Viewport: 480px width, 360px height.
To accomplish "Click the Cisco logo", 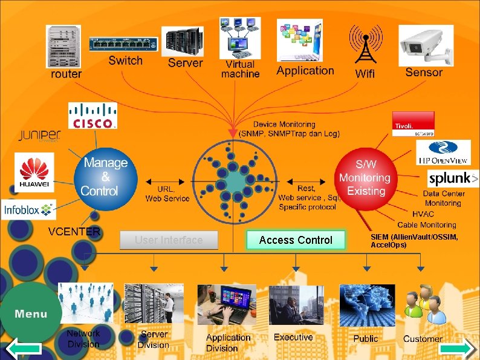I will coord(92,116).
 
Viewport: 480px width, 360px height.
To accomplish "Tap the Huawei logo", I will coord(34,172).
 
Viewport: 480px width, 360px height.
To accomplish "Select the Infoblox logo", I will coord(28,210).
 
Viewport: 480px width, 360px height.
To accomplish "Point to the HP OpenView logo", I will coord(444,152).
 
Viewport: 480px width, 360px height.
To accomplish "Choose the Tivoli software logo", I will coord(414,124).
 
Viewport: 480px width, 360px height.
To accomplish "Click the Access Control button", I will coord(296,240).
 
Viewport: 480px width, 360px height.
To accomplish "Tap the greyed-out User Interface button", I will coord(169,240).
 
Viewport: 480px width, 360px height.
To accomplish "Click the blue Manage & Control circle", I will coord(105,177).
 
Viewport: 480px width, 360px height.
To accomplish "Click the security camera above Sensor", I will coord(426,45).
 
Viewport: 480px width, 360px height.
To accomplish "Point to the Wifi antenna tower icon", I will coord(365,45).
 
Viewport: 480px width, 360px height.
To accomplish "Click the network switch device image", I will coord(123,45).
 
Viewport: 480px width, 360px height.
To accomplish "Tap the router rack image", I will coord(63,47).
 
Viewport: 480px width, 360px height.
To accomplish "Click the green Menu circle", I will coord(31,313).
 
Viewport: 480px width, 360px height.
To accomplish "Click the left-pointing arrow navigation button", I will coord(23,349).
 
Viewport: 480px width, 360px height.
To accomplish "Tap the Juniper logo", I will coord(39,136).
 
